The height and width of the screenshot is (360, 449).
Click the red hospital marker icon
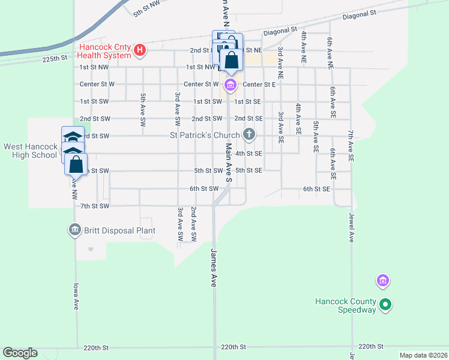click(x=139, y=49)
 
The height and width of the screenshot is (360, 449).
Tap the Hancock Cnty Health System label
click(x=104, y=52)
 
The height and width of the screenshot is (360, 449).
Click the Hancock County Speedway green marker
click(x=386, y=305)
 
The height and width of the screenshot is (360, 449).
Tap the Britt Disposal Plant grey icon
click(x=74, y=230)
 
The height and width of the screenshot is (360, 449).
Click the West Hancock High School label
click(x=30, y=151)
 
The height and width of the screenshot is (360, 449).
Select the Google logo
click(x=20, y=353)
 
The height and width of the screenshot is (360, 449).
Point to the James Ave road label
click(x=212, y=268)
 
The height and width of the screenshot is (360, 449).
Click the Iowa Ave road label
click(x=76, y=296)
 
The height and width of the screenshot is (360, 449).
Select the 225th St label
click(x=55, y=58)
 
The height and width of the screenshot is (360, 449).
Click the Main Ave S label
click(x=229, y=163)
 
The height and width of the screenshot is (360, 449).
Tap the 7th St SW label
click(x=95, y=206)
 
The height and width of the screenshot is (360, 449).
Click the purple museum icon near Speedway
click(x=382, y=280)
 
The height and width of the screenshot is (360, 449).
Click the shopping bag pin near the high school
click(x=76, y=164)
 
